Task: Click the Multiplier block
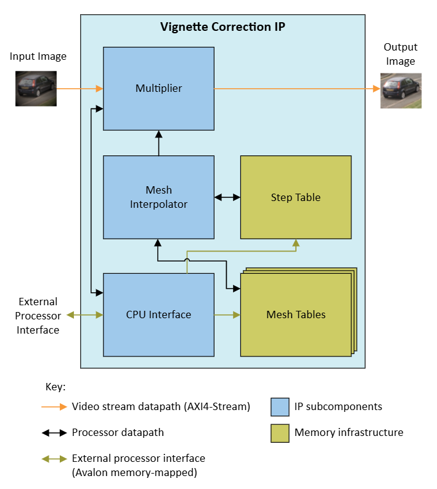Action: click(x=158, y=88)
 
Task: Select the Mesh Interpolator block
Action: click(x=158, y=197)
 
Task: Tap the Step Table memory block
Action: click(x=295, y=197)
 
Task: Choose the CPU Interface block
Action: click(x=158, y=314)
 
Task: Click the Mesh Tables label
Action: click(x=296, y=314)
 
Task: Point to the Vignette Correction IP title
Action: click(x=223, y=27)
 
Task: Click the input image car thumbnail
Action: click(x=36, y=88)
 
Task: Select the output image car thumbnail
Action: click(x=401, y=91)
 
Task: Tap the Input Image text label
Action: click(x=38, y=57)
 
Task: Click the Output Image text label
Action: click(x=401, y=54)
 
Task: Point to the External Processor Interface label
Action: click(x=38, y=316)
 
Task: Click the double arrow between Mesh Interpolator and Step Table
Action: click(x=227, y=197)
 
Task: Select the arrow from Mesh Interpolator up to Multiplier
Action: click(x=158, y=143)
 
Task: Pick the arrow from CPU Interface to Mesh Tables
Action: click(x=227, y=314)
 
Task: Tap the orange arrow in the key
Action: click(x=54, y=407)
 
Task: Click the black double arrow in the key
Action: click(x=54, y=433)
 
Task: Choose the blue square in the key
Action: click(x=280, y=407)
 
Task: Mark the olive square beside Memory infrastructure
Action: click(x=280, y=433)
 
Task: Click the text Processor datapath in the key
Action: click(x=118, y=433)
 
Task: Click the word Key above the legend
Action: click(x=55, y=387)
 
